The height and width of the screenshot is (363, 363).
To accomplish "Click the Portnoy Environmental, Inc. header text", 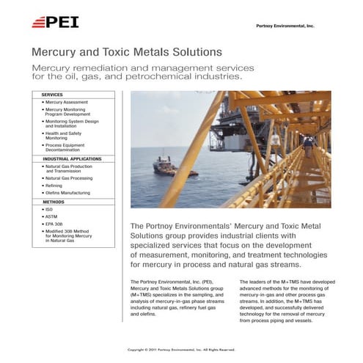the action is pyautogui.click(x=285, y=26).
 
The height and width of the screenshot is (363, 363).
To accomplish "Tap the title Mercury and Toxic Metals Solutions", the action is pyautogui.click(x=126, y=53).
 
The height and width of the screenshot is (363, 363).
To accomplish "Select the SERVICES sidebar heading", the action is pyautogui.click(x=52, y=95).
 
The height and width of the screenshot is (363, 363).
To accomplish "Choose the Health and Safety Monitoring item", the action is pyautogui.click(x=66, y=135).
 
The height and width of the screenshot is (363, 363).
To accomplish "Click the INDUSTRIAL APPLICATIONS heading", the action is pyautogui.click(x=71, y=158).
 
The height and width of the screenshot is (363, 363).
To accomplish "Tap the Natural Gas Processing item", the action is pyautogui.click(x=68, y=178).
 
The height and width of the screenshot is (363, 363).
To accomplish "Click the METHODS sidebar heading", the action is pyautogui.click(x=53, y=202).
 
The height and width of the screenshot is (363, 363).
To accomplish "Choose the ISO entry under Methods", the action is pyautogui.click(x=49, y=210).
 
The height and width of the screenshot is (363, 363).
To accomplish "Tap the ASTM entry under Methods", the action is pyautogui.click(x=51, y=217).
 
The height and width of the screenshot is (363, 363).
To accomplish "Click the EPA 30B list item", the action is pyautogui.click(x=54, y=224).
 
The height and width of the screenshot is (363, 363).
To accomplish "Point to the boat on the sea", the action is pyautogui.click(x=165, y=164).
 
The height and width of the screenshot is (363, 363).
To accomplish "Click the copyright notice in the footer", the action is pyautogui.click(x=181, y=350).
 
